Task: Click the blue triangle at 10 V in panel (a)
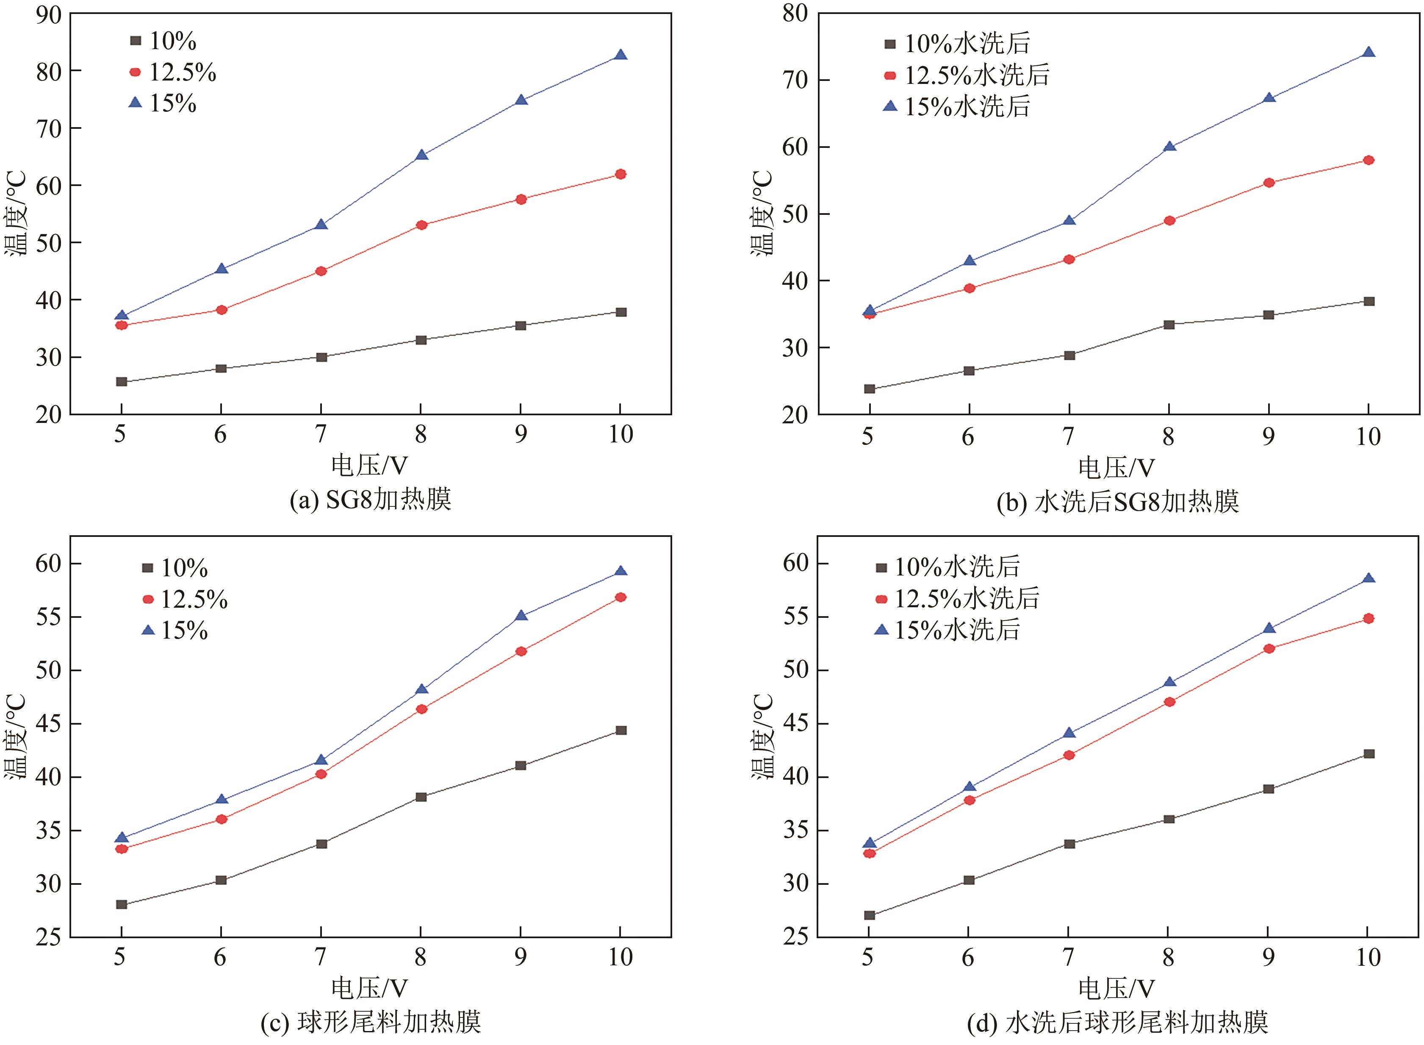click(x=621, y=55)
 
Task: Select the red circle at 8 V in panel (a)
click(x=421, y=225)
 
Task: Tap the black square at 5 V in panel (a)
click(x=122, y=381)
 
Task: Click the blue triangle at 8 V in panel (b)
click(x=1169, y=147)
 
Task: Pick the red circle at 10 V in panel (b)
click(x=1369, y=160)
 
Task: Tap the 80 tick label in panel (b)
click(x=795, y=14)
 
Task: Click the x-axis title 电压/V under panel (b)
click(x=1116, y=468)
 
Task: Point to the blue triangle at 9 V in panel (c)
click(x=521, y=615)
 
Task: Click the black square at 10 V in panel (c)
click(x=621, y=731)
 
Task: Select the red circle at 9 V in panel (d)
click(x=1269, y=648)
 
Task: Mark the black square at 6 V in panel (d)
click(x=969, y=880)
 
